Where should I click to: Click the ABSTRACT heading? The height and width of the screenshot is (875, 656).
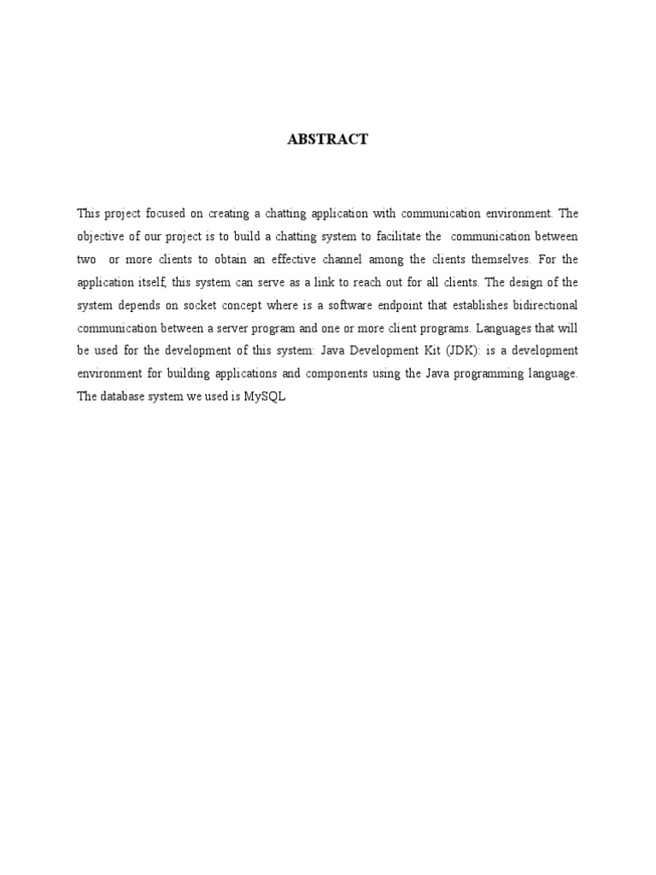tap(328, 139)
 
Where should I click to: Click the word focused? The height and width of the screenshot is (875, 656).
tap(167, 213)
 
